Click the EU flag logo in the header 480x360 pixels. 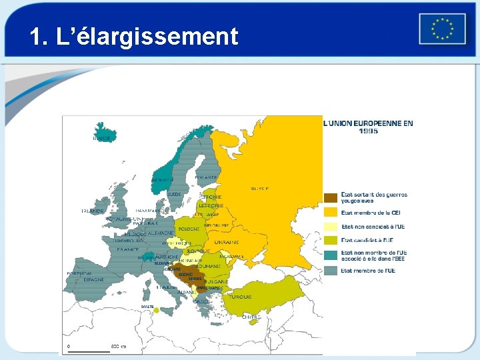[x=442, y=29]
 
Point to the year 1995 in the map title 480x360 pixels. [x=367, y=131]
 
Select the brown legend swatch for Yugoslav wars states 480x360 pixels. [x=331, y=197]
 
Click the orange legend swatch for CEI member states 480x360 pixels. [x=331, y=213]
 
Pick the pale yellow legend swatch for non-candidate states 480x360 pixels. [x=331, y=227]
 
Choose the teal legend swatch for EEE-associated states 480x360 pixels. [x=331, y=255]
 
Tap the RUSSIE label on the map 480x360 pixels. [x=260, y=189]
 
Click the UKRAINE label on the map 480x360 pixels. [x=227, y=243]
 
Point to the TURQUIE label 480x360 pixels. [x=241, y=297]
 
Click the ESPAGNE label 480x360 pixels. [x=93, y=280]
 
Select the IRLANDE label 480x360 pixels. [x=93, y=211]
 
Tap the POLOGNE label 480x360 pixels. [x=188, y=229]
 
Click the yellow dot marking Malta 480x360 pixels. [x=155, y=310]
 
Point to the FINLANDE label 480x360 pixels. [x=206, y=177]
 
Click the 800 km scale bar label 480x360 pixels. [x=119, y=347]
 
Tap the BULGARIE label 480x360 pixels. [x=216, y=281]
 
